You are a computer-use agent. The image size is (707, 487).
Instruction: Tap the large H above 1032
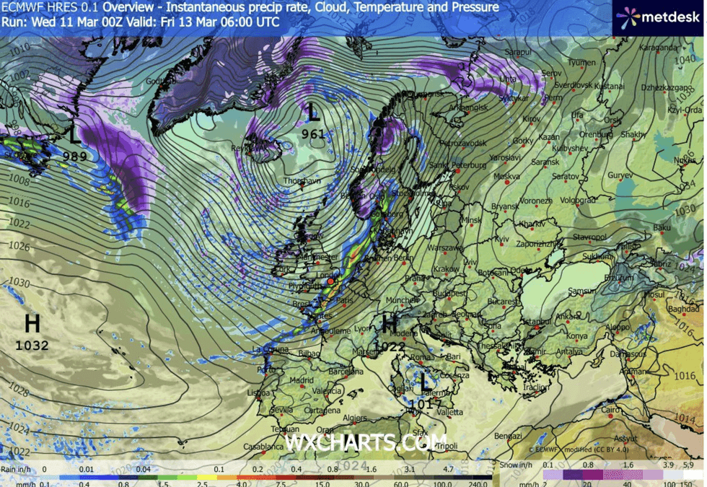[x=32, y=323]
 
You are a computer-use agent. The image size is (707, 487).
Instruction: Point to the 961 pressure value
[x=313, y=133]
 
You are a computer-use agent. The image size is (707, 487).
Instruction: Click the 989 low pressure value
[x=75, y=155]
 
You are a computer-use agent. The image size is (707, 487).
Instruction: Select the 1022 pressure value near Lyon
[x=390, y=346]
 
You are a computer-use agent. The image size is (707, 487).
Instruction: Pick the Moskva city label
[x=506, y=176]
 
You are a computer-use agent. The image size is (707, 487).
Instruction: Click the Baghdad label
[x=683, y=309]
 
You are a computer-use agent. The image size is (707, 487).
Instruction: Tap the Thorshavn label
[x=302, y=181]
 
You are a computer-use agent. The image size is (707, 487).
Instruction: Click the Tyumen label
[x=581, y=63]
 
